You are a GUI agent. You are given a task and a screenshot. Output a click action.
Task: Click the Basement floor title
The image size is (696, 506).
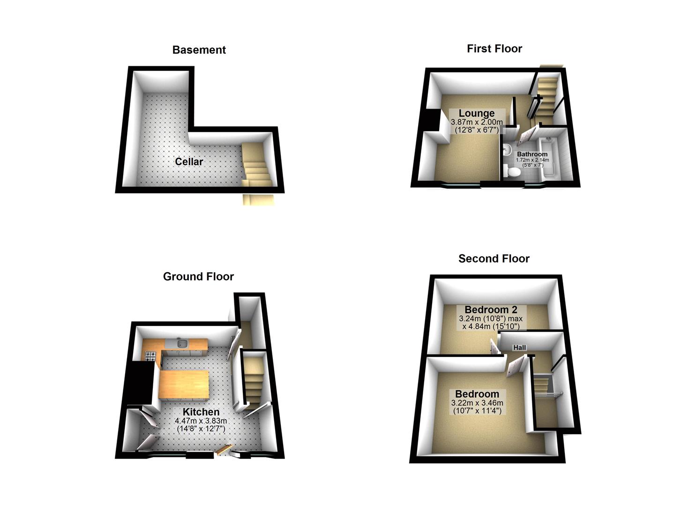(x=199, y=50)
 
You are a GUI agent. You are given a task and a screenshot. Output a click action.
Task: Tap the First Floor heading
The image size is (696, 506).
(x=494, y=49)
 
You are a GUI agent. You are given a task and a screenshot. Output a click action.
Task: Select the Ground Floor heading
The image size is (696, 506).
(x=198, y=277)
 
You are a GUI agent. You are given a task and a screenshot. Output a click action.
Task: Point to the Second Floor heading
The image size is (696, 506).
(x=494, y=259)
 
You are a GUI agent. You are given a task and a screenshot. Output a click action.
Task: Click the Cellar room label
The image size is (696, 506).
(x=189, y=162)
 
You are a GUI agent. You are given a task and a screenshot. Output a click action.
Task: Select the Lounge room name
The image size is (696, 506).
(x=476, y=113)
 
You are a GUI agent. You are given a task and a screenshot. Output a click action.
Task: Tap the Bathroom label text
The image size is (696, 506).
(x=532, y=154)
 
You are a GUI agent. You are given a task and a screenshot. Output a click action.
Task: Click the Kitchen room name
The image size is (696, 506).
(x=201, y=412)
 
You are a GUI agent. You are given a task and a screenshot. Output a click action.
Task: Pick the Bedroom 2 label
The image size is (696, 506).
(x=491, y=310)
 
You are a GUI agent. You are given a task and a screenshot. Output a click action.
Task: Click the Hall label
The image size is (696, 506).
(x=519, y=348)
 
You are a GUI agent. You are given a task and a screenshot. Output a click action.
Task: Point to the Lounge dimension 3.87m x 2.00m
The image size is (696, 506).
(x=476, y=122)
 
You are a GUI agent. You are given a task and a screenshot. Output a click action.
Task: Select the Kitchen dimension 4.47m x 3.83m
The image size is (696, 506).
(x=201, y=421)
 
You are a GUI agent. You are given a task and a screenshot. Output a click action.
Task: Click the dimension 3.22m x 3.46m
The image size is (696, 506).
(x=477, y=403)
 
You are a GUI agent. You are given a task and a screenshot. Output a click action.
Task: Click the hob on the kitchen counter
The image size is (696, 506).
(x=150, y=357)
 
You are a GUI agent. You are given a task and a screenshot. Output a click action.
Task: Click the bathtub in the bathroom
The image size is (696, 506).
(x=548, y=159)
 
